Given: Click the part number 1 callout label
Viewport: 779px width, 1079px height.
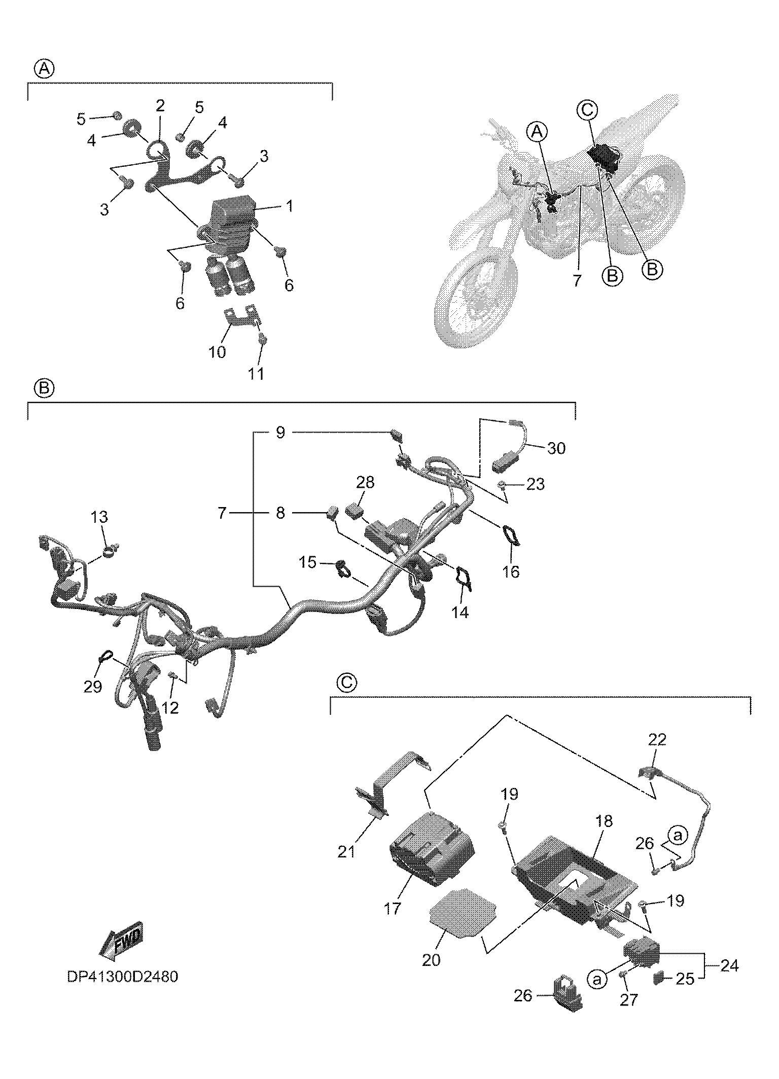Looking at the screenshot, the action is click(x=289, y=207).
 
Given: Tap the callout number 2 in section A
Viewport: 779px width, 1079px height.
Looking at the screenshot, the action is click(x=160, y=105).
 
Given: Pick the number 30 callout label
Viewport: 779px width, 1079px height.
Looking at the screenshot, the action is click(x=556, y=448).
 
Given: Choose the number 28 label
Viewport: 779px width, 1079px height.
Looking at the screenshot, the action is click(x=365, y=482).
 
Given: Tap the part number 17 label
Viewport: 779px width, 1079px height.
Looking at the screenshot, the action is click(x=393, y=909).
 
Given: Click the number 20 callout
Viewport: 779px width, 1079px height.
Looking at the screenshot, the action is click(x=431, y=959).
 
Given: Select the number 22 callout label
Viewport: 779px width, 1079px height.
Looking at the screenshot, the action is click(x=657, y=740).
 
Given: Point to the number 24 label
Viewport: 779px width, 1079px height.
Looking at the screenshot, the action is click(x=729, y=965).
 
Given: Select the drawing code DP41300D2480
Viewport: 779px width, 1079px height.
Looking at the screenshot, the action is click(x=122, y=976).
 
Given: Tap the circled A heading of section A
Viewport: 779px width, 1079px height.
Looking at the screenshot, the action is click(x=44, y=68).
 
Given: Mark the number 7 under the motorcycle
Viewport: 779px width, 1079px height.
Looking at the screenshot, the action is click(x=578, y=280).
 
